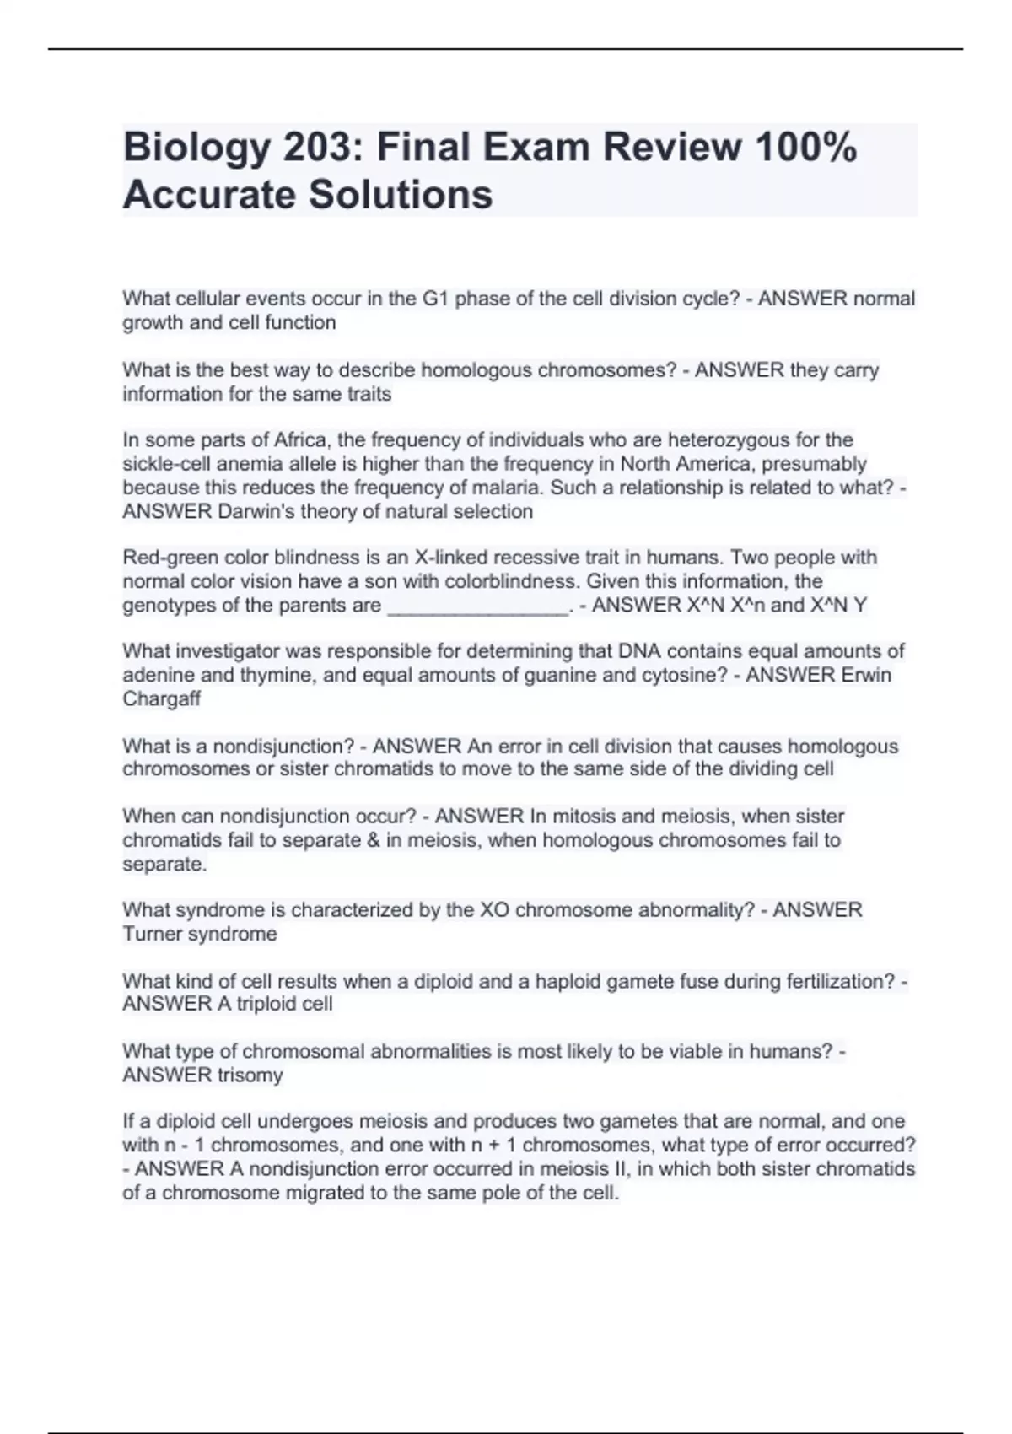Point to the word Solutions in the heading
click(x=401, y=194)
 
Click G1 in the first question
click(x=436, y=299)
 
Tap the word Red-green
click(x=167, y=558)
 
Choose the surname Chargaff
click(x=161, y=698)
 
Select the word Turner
click(x=151, y=934)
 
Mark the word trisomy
click(x=250, y=1075)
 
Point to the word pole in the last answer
click(x=499, y=1193)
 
